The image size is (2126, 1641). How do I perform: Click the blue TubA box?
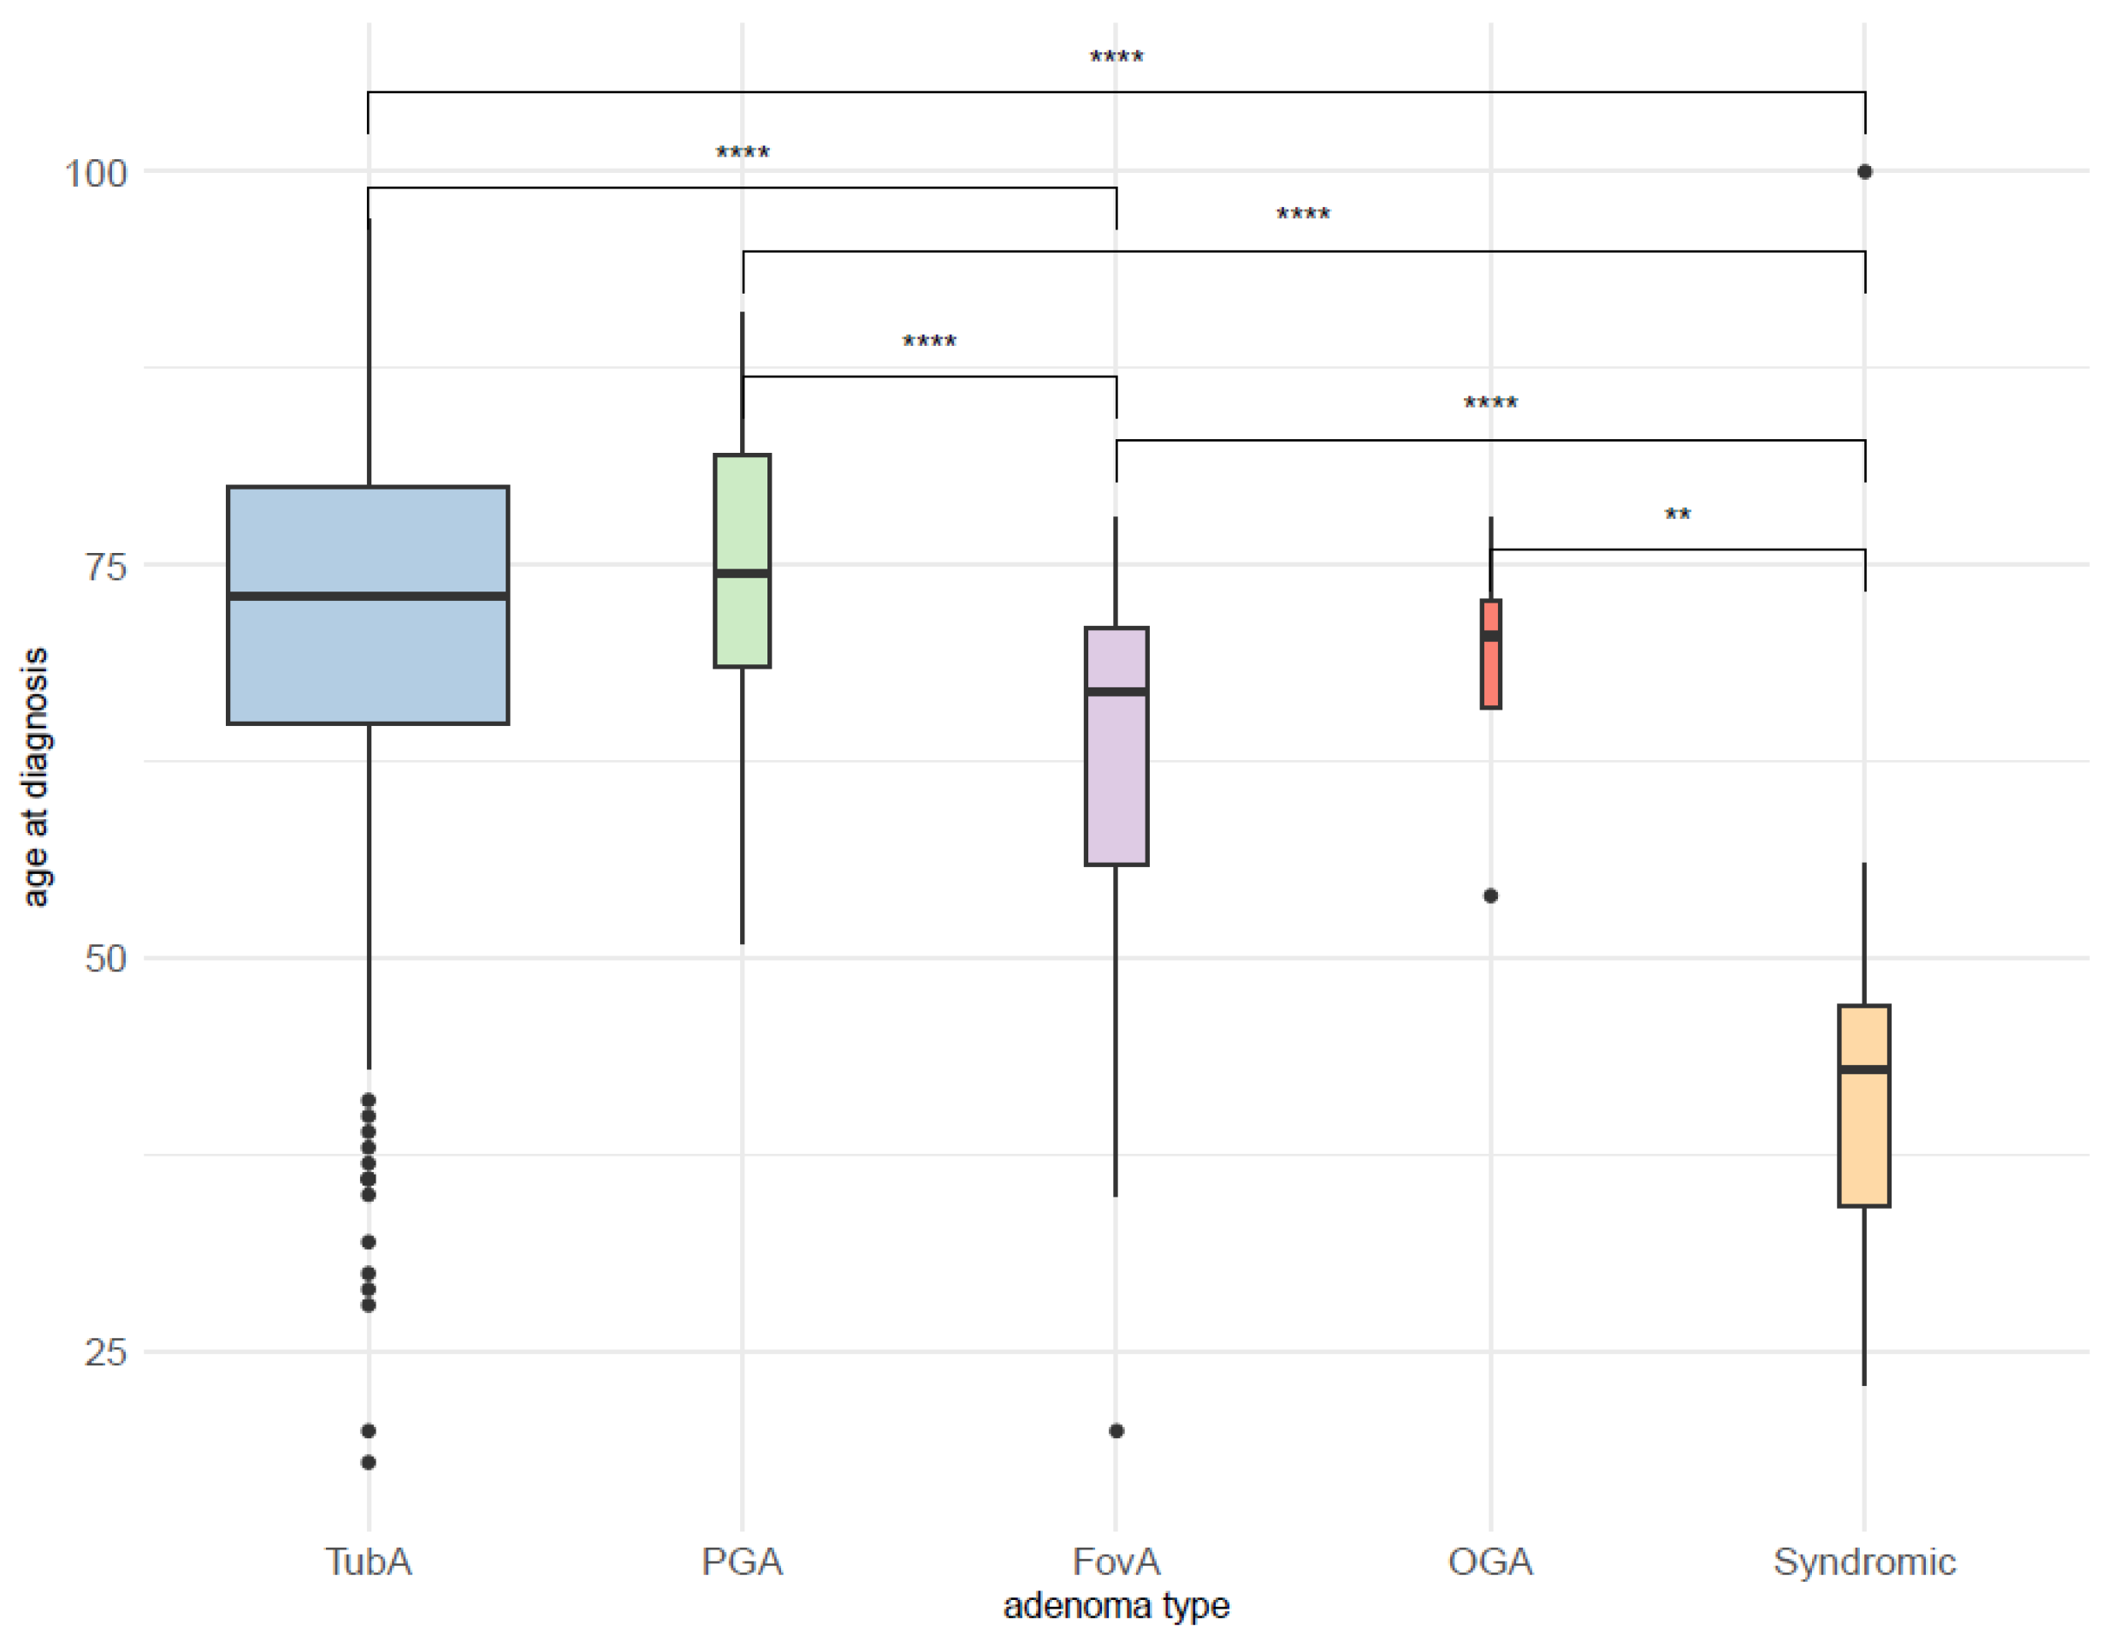click(x=367, y=663)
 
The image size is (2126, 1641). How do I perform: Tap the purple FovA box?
click(x=1116, y=779)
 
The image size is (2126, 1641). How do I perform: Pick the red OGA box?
click(x=1490, y=672)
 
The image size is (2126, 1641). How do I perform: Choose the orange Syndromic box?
click(x=1863, y=1139)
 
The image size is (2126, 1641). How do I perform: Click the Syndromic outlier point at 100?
click(x=1864, y=171)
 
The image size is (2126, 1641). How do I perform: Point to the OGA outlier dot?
click(x=1490, y=896)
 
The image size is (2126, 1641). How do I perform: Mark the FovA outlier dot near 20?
click(x=1116, y=1430)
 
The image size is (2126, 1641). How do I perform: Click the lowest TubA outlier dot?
click(x=368, y=1462)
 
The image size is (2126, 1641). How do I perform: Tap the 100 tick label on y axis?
click(x=96, y=174)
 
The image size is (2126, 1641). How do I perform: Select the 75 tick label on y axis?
click(x=105, y=567)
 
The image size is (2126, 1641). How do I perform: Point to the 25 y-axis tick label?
click(x=105, y=1352)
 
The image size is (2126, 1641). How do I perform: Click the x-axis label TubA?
click(x=368, y=1562)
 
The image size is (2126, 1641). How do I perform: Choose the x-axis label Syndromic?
click(x=1863, y=1562)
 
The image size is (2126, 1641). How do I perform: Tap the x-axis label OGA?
click(x=1490, y=1562)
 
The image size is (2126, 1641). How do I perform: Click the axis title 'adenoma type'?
click(x=1116, y=1605)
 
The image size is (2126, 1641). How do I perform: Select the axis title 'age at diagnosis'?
click(x=35, y=777)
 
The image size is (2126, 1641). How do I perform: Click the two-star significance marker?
click(x=1677, y=515)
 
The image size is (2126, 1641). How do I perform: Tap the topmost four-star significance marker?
click(x=1116, y=57)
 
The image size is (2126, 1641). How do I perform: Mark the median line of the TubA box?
click(x=367, y=596)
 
